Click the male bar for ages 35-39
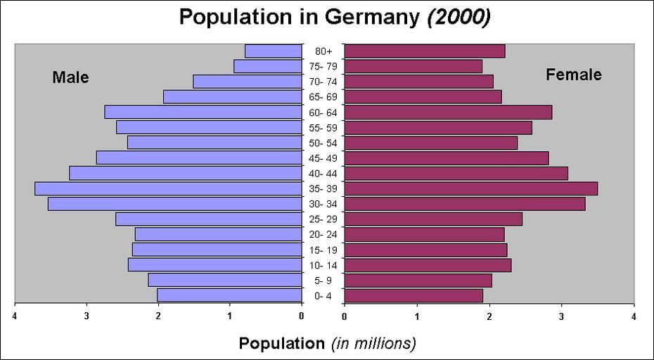(x=168, y=188)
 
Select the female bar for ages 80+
(x=425, y=51)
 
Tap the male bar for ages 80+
(x=274, y=51)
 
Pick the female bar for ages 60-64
(x=449, y=112)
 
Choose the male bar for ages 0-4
(x=229, y=295)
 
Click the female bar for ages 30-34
(x=465, y=204)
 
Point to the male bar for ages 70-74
(x=248, y=82)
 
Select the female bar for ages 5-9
(x=418, y=281)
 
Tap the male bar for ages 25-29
(x=209, y=219)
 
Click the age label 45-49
(x=323, y=158)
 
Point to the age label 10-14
(x=323, y=265)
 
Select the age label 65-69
(x=323, y=97)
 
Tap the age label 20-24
(x=323, y=235)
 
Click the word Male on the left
(x=70, y=77)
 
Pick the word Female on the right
(x=574, y=75)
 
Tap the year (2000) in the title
(x=458, y=17)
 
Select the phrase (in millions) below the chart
(x=374, y=344)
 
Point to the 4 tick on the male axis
(x=15, y=316)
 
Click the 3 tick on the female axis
(x=562, y=316)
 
